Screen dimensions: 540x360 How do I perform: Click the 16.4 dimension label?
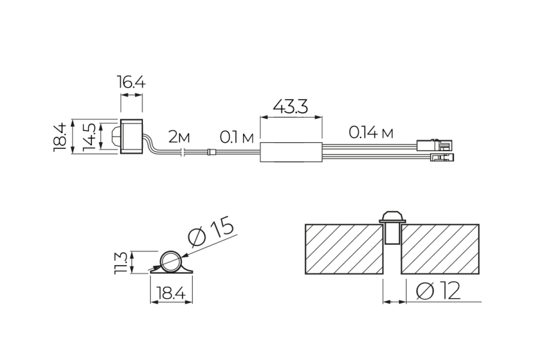[131, 82]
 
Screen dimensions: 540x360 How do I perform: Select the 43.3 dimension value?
[291, 107]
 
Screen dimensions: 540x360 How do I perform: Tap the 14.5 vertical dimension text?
[89, 137]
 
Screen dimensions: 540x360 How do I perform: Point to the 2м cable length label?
[179, 137]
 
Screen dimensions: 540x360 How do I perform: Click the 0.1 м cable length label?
[237, 138]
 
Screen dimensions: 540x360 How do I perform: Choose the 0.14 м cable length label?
[371, 133]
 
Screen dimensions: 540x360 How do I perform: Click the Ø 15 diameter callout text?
[211, 231]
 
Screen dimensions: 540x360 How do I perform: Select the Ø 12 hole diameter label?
[438, 291]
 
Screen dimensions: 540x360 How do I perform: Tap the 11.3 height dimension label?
[120, 263]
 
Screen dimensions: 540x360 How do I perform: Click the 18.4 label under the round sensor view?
[171, 293]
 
